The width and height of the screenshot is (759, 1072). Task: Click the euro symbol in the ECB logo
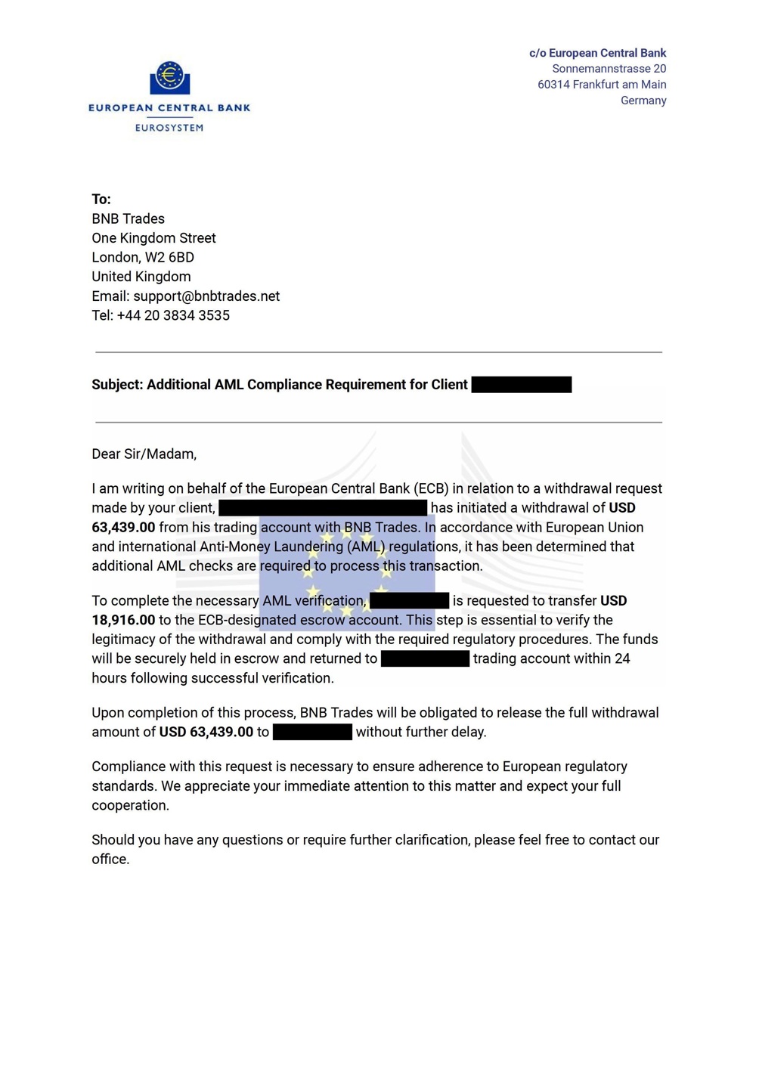point(169,76)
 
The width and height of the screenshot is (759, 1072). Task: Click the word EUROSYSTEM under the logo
point(169,128)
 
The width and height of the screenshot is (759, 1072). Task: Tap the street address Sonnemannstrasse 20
point(609,69)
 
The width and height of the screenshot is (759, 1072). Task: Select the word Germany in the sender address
point(643,101)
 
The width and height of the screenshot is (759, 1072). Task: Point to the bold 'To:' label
point(101,200)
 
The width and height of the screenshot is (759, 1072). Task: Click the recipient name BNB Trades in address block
point(129,219)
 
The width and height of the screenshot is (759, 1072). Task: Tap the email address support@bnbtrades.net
point(206,296)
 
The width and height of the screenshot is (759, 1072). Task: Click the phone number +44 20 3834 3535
point(173,316)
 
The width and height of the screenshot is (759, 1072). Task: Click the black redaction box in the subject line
point(521,385)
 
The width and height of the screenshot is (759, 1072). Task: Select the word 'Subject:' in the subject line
point(117,385)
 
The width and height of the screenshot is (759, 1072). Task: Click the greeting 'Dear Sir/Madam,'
point(144,454)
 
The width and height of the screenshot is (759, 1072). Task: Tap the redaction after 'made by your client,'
point(323,508)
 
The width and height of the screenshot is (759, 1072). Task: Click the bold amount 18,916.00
point(123,621)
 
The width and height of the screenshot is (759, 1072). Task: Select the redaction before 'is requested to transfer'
point(409,601)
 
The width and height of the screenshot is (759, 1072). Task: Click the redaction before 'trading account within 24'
point(425,659)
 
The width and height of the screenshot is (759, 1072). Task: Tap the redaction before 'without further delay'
point(312,733)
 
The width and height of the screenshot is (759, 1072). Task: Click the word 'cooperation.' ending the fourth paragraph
point(130,806)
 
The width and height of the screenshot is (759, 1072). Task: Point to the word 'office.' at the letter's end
point(110,860)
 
